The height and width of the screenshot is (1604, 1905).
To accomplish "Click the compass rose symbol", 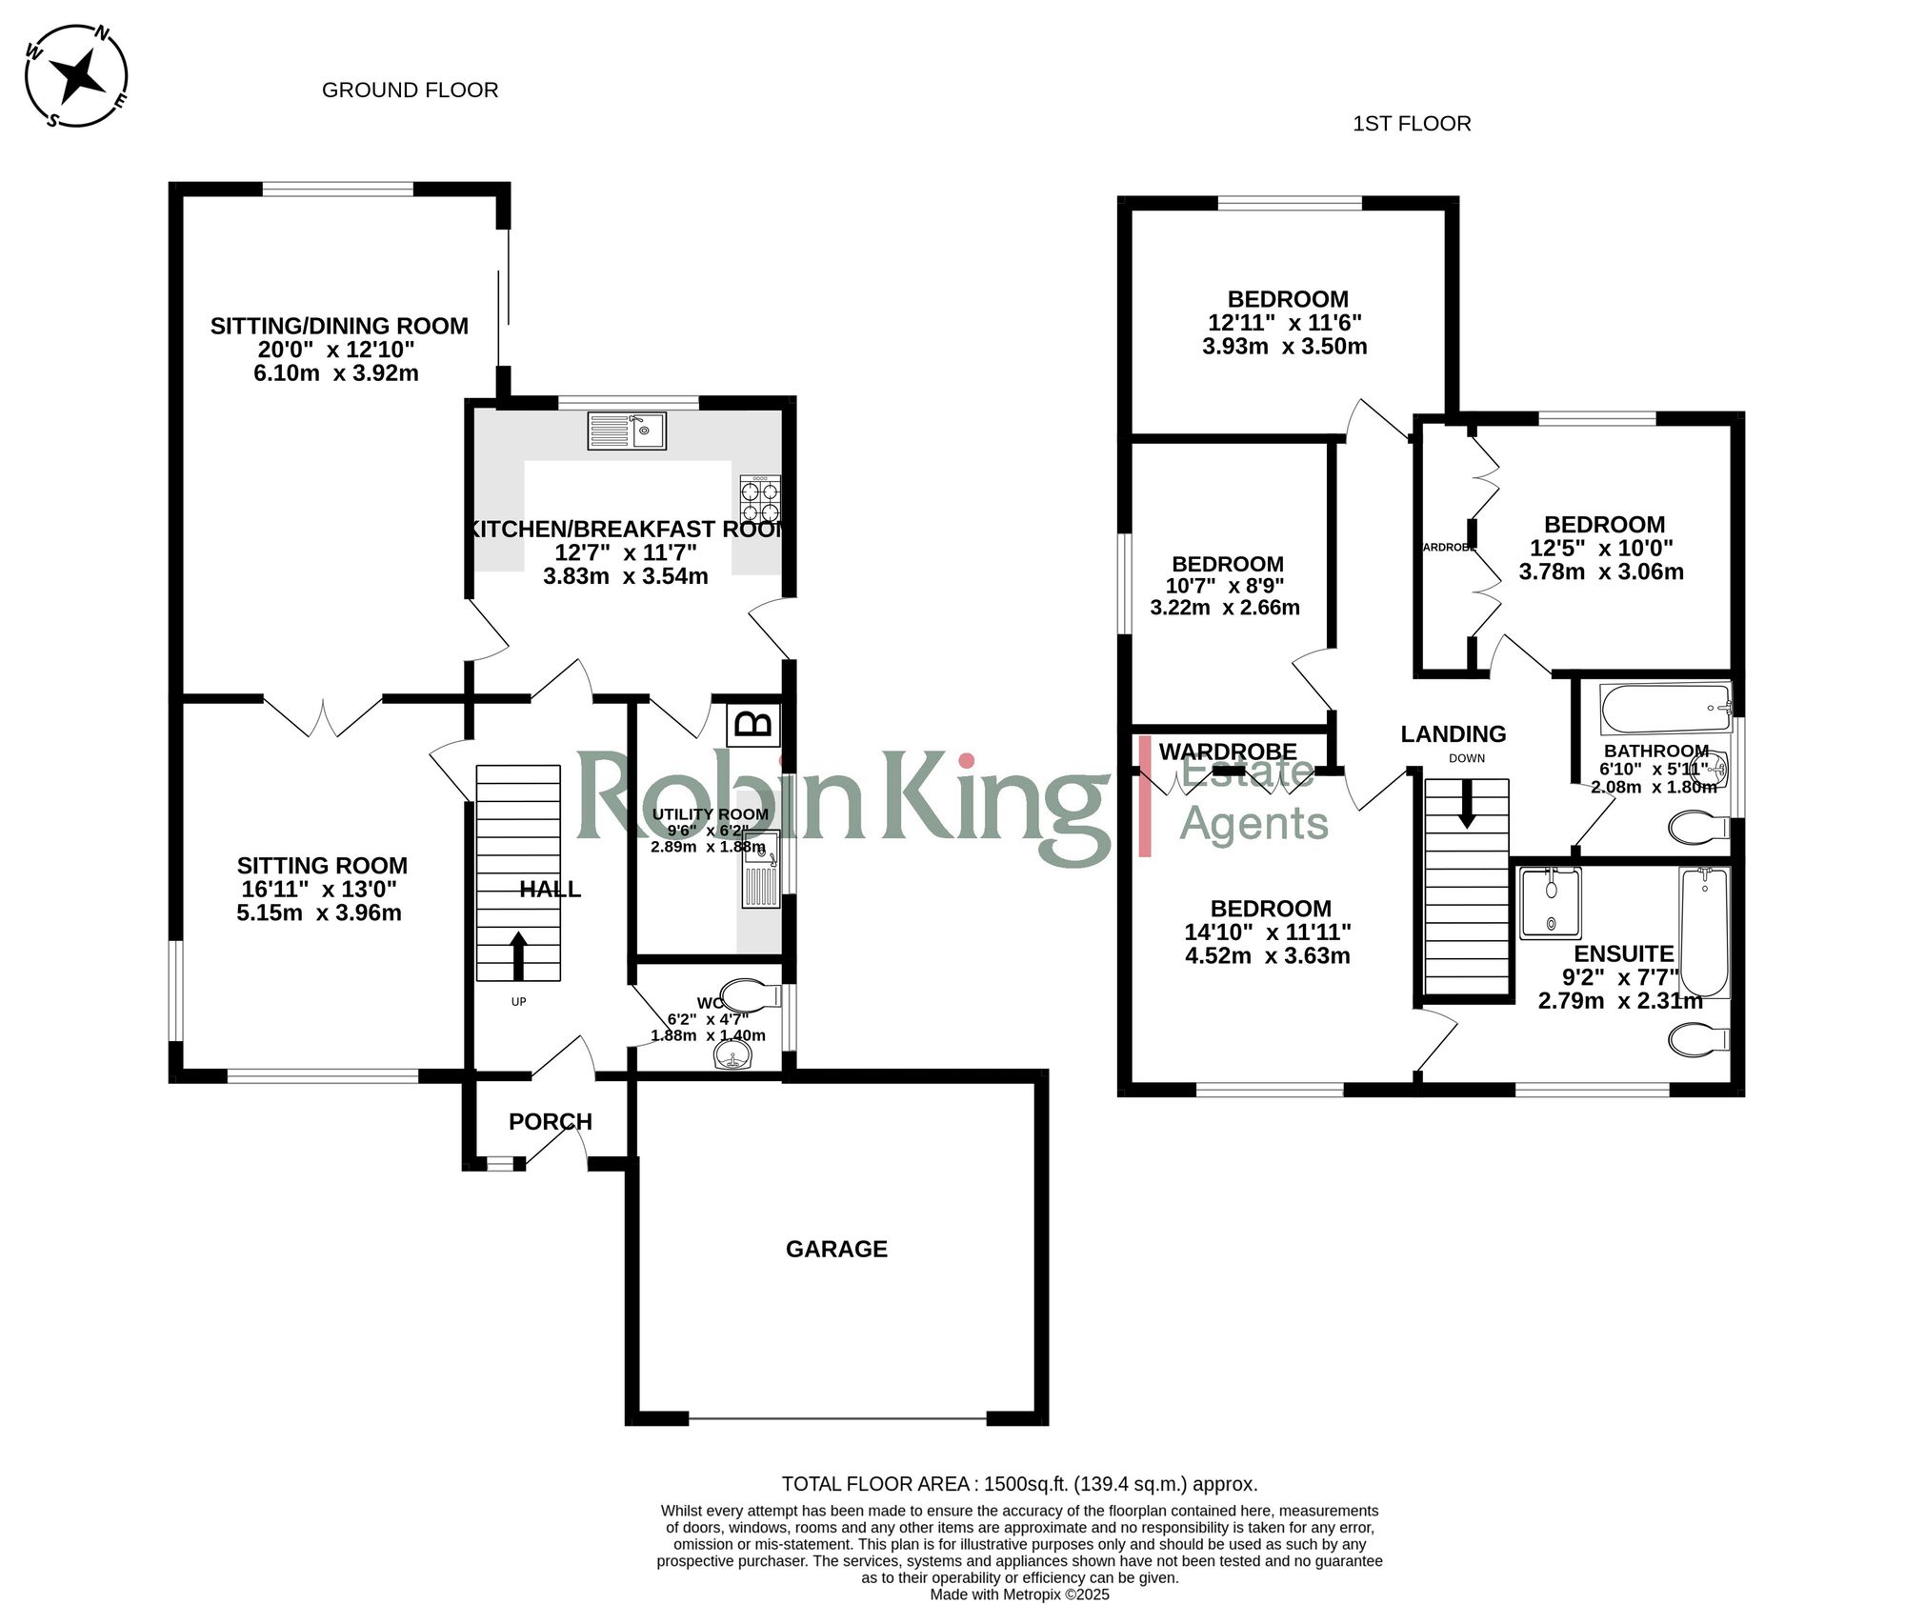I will pyautogui.click(x=76, y=75).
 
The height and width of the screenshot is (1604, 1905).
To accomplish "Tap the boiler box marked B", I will pyautogui.click(x=754, y=724).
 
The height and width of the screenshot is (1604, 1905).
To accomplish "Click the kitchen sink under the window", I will pyautogui.click(x=627, y=431).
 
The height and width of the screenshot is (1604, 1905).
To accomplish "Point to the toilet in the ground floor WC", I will pyautogui.click(x=749, y=996).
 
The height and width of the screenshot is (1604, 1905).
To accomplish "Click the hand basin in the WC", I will pyautogui.click(x=732, y=1054).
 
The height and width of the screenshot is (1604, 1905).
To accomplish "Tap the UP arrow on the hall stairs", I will pyautogui.click(x=518, y=955).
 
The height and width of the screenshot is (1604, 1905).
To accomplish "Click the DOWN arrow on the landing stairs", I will pyautogui.click(x=1467, y=803).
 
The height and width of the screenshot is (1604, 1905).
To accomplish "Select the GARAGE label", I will pyautogui.click(x=836, y=1249).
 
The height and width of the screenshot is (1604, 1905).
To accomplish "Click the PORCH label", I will pyautogui.click(x=550, y=1122).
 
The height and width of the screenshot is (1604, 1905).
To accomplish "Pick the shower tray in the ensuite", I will pyautogui.click(x=1550, y=902).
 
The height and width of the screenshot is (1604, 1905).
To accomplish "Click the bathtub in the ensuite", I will pyautogui.click(x=1704, y=931).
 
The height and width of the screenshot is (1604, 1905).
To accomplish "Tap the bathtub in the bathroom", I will pyautogui.click(x=1665, y=708).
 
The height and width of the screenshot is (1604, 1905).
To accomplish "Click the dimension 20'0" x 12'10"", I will pyautogui.click(x=336, y=350).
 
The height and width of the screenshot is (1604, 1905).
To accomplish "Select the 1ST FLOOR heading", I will pyautogui.click(x=1412, y=124).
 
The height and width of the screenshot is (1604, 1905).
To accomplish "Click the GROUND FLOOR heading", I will pyautogui.click(x=410, y=90).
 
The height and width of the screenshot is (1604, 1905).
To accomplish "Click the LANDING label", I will pyautogui.click(x=1453, y=734).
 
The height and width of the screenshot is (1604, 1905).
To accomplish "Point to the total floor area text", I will pyautogui.click(x=1019, y=1484).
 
